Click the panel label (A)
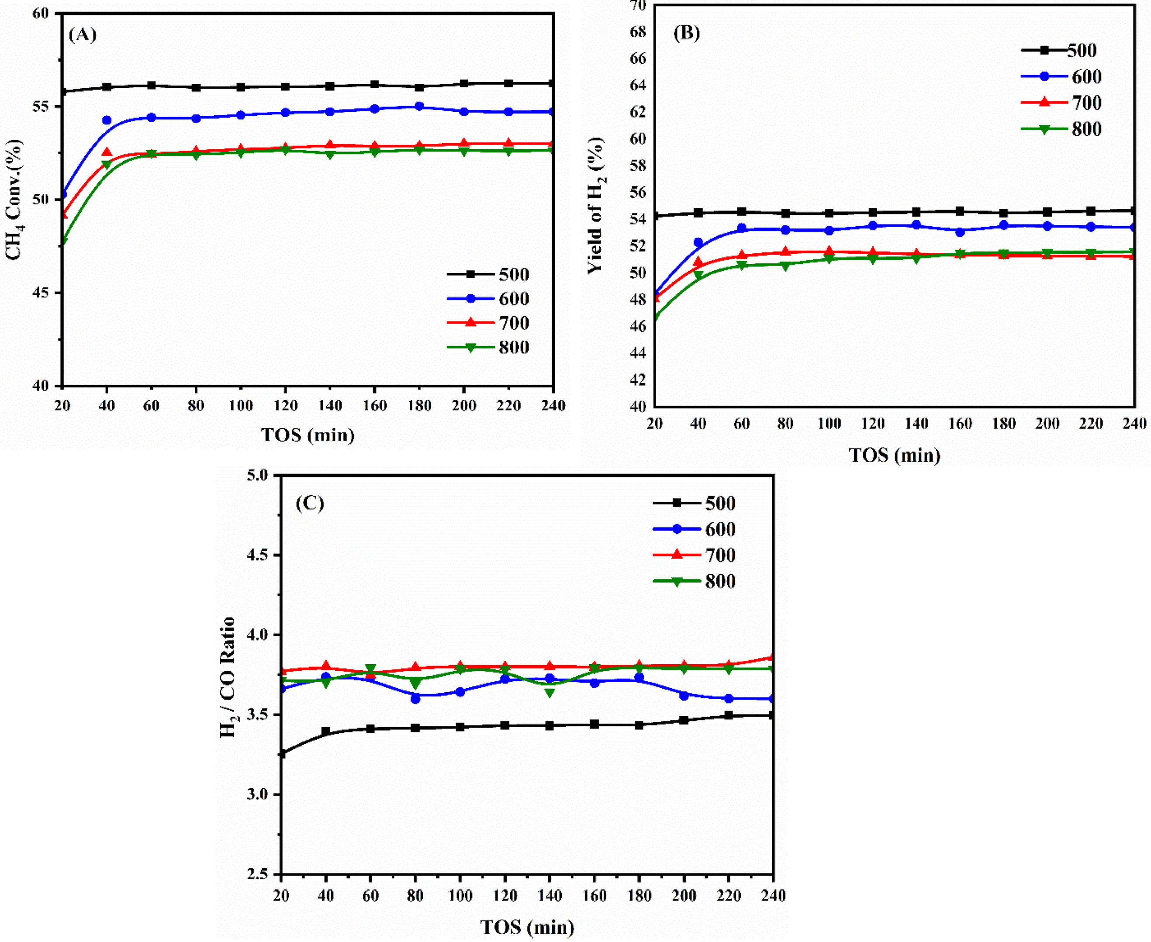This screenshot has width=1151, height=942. point(83,35)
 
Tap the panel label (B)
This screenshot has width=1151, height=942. point(687,33)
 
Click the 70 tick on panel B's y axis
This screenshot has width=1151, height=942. point(638,5)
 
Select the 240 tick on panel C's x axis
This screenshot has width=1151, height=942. point(773,895)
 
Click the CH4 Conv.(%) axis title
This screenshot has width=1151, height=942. point(14,199)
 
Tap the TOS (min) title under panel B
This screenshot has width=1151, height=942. point(894,455)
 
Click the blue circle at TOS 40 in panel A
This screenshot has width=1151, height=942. point(107,120)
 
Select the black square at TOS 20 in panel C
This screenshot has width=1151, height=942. point(282,754)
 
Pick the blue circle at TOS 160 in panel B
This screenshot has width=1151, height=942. point(959,232)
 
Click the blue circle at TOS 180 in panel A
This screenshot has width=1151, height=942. point(419,107)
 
